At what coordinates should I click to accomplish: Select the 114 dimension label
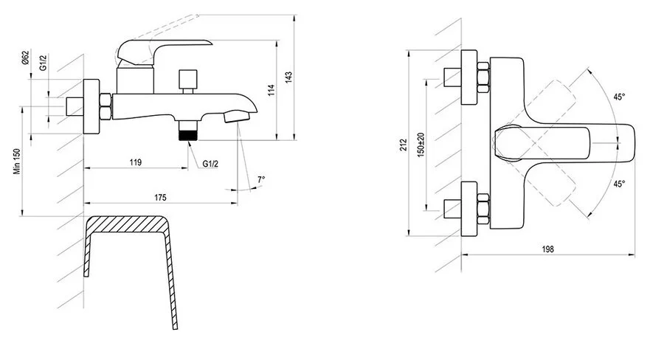(x=270, y=91)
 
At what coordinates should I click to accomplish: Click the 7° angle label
(x=261, y=179)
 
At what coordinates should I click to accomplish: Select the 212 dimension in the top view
(x=402, y=144)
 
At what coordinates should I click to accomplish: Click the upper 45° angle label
(x=618, y=97)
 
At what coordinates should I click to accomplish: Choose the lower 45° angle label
(x=618, y=184)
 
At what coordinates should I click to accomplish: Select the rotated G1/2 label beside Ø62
(x=44, y=63)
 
